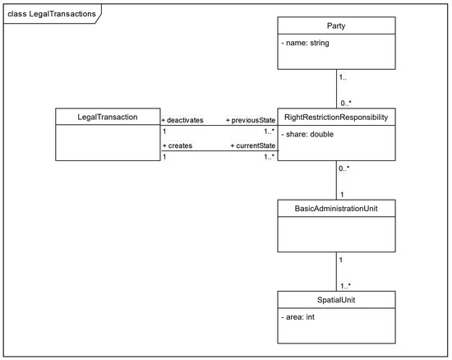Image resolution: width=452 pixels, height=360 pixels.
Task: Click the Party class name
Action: (336, 26)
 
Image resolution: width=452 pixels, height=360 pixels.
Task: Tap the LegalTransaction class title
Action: (107, 117)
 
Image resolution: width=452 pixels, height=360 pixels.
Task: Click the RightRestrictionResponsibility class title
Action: (336, 118)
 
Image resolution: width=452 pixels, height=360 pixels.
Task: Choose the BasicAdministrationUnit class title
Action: (336, 209)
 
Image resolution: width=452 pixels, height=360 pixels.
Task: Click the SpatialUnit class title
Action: (336, 300)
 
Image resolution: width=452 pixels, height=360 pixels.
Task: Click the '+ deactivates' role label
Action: (182, 120)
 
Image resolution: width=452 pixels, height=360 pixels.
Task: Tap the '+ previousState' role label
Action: (251, 120)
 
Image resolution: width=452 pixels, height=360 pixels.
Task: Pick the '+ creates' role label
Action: (178, 145)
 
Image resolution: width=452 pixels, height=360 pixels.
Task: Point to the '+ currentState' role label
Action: (253, 145)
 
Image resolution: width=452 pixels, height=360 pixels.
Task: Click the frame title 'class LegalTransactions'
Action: (52, 14)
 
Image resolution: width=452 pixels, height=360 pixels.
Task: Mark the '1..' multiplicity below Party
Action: (343, 77)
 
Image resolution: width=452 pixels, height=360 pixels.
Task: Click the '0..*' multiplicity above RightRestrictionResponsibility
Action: (346, 104)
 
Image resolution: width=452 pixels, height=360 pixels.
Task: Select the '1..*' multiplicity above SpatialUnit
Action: (345, 286)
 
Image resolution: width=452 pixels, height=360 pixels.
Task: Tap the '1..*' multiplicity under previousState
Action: (270, 132)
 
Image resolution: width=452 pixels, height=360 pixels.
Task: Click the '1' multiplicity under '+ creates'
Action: (164, 157)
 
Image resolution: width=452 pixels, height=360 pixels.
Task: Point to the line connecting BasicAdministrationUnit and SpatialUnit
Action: (336, 271)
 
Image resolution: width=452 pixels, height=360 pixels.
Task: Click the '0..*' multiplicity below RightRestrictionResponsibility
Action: (344, 168)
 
